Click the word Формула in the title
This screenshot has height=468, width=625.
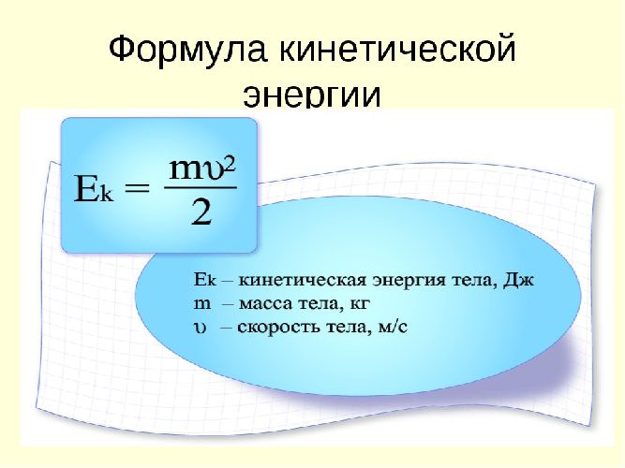tap(187, 50)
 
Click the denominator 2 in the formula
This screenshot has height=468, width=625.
tap(201, 212)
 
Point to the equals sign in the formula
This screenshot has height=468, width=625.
tap(138, 187)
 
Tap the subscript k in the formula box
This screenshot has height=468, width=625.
tap(107, 194)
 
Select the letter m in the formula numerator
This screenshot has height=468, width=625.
tap(184, 169)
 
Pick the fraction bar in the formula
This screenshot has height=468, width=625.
tap(201, 187)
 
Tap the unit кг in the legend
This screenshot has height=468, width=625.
tap(360, 304)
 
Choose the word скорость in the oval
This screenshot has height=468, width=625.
tap(279, 328)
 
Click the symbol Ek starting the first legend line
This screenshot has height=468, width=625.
tap(205, 280)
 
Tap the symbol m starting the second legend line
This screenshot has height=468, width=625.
tap(202, 304)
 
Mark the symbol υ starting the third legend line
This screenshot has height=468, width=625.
tap(201, 328)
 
